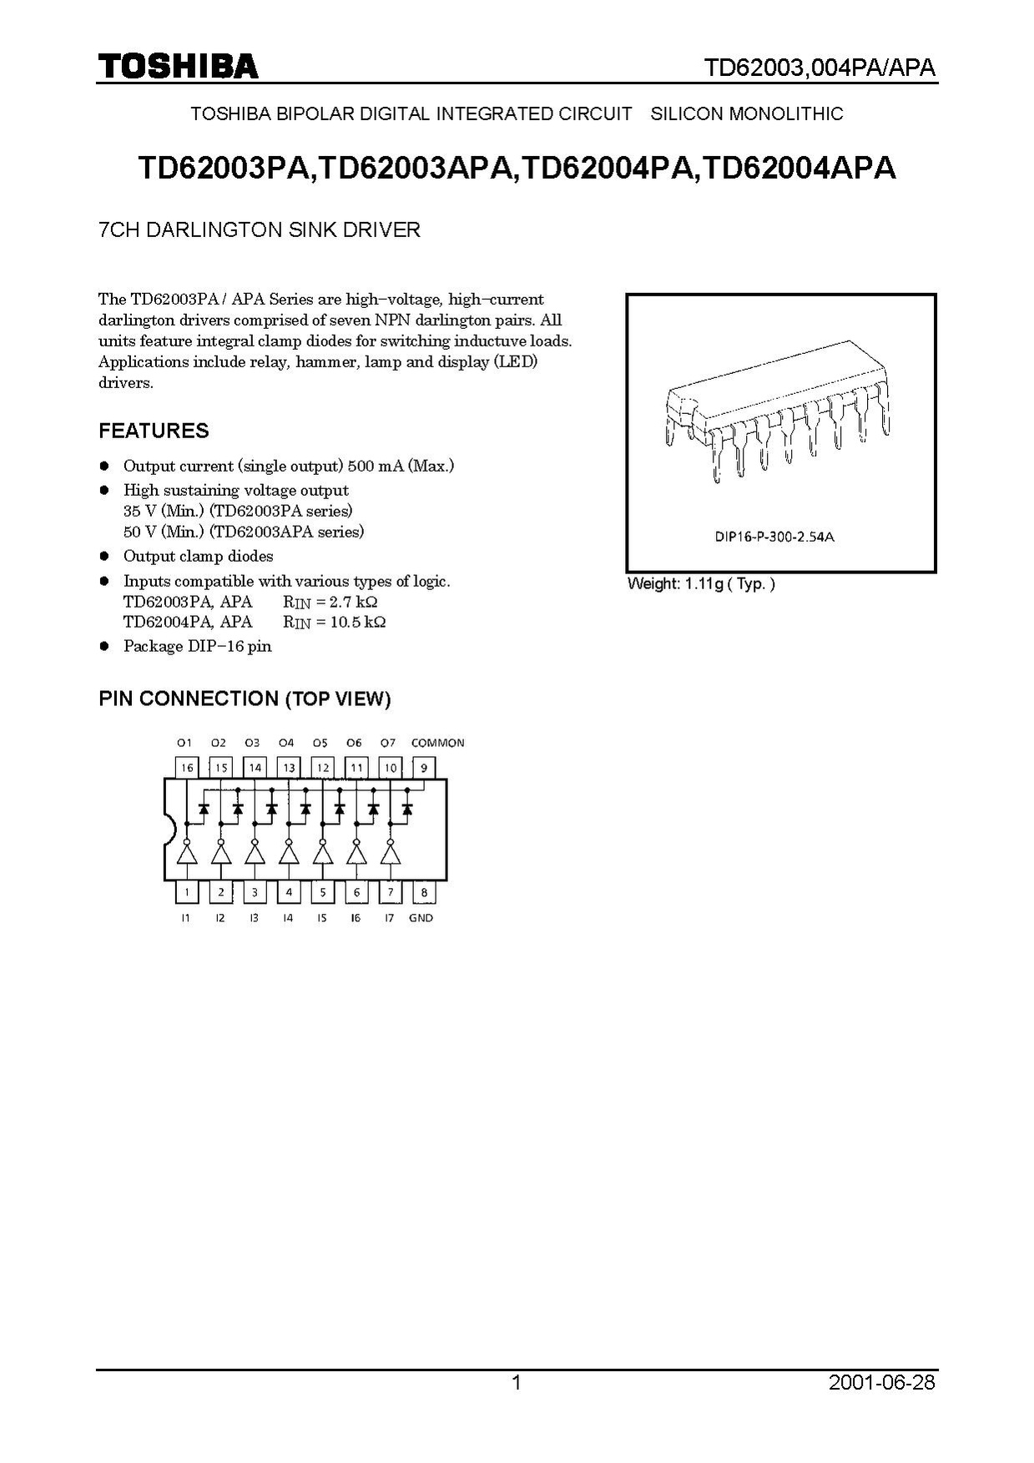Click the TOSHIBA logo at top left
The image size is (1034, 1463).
click(x=178, y=67)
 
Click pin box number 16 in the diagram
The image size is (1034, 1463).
click(x=186, y=767)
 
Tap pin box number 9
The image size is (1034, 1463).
click(x=424, y=767)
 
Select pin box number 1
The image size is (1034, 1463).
click(x=187, y=892)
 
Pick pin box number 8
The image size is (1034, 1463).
click(x=424, y=892)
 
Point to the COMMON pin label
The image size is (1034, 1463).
click(x=437, y=743)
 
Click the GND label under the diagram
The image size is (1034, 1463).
click(x=421, y=918)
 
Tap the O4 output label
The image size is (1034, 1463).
click(x=286, y=743)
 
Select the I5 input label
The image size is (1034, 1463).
click(x=321, y=918)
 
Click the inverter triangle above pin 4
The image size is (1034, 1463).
click(x=289, y=854)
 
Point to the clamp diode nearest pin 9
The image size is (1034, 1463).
click(x=407, y=809)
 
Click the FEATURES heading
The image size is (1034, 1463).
click(x=154, y=431)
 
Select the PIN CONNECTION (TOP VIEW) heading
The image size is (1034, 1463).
click(x=245, y=699)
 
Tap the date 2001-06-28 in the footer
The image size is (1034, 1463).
click(x=882, y=1383)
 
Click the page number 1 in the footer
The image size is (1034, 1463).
click(x=516, y=1383)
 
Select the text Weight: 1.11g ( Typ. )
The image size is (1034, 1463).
click(x=701, y=584)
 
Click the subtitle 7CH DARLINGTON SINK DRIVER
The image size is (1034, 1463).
click(x=260, y=230)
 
